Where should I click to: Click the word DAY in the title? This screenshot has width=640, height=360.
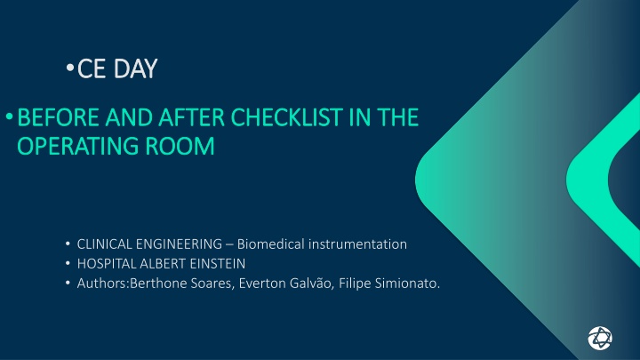(135, 68)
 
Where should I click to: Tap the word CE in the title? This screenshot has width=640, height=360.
(92, 68)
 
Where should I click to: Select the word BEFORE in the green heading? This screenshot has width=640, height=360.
(58, 117)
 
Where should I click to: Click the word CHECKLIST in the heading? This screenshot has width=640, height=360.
(286, 117)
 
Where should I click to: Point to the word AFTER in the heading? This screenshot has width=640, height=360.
(191, 117)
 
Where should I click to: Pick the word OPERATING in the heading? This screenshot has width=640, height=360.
(77, 146)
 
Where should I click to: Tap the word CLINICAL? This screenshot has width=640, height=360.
(104, 244)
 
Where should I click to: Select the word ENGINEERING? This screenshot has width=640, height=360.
(179, 244)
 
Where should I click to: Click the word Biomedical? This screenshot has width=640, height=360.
(270, 244)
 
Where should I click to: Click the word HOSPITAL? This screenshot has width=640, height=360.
(106, 264)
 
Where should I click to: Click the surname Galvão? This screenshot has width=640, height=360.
(312, 284)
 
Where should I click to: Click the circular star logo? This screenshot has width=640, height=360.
(600, 338)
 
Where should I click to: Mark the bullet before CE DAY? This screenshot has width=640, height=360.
(70, 68)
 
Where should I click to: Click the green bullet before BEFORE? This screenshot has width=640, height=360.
(10, 117)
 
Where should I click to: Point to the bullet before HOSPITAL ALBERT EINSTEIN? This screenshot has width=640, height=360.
(68, 263)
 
